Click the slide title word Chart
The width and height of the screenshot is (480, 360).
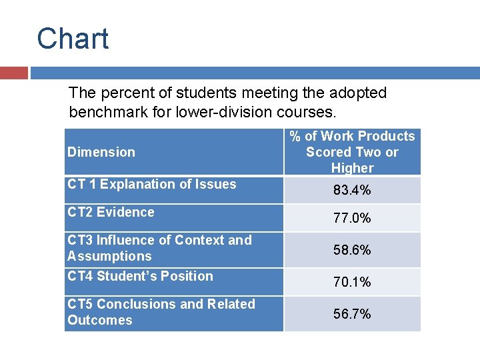pyautogui.click(x=73, y=39)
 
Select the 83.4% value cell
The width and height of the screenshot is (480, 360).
pyautogui.click(x=352, y=191)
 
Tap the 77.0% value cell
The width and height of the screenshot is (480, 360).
pyautogui.click(x=352, y=218)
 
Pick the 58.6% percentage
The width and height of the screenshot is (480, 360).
pyautogui.click(x=352, y=250)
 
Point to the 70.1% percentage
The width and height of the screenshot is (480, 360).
pyautogui.click(x=352, y=282)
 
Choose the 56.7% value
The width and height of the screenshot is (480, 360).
pyautogui.click(x=352, y=314)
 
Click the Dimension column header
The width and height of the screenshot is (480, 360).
pyautogui.click(x=101, y=152)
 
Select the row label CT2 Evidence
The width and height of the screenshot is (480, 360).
pyautogui.click(x=111, y=212)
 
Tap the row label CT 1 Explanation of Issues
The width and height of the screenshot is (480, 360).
pyautogui.click(x=151, y=184)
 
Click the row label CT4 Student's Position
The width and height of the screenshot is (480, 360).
pyautogui.click(x=140, y=276)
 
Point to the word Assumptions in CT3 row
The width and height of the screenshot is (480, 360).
pyautogui.click(x=109, y=256)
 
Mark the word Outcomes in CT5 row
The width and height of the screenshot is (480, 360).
pyautogui.click(x=99, y=320)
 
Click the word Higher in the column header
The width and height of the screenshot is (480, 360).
pyautogui.click(x=352, y=168)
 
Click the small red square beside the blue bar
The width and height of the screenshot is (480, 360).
pyautogui.click(x=13, y=73)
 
